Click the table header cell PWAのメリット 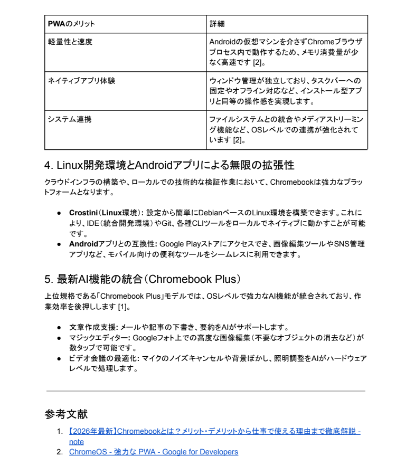pos(71,24)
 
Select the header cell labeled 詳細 pos(216,24)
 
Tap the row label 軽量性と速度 pos(70,42)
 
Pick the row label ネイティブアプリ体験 pos(81,81)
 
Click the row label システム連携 pos(69,119)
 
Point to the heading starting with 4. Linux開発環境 pos(169,165)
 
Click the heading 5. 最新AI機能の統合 pos(143,279)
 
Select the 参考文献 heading pos(66,414)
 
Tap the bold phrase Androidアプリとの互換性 pos(112,244)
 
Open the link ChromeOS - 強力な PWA pos(153,452)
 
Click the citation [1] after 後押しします pos(122,307)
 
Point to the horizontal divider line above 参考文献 pos(206,391)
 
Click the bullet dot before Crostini pos(60,213)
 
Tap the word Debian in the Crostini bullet pos(210,213)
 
